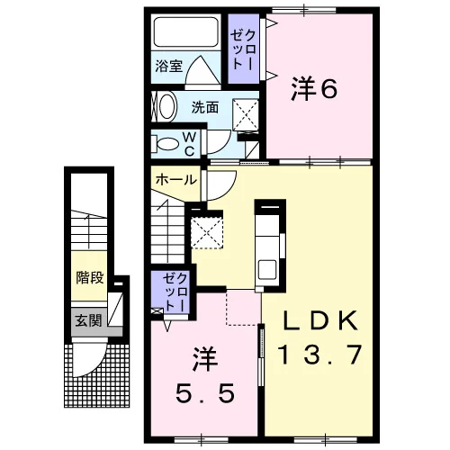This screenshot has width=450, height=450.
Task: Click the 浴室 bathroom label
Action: [169, 66]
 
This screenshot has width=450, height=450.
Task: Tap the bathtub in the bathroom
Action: [186, 31]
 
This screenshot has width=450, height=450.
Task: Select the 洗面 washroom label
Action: [205, 108]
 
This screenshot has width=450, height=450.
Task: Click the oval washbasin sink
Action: [166, 107]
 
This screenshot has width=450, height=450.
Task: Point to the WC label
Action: [189, 144]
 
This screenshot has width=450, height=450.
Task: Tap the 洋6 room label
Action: [314, 89]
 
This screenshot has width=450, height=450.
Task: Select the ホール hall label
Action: [176, 180]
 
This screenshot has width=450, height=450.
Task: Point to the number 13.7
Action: [319, 355]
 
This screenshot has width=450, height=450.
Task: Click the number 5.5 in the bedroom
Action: [205, 394]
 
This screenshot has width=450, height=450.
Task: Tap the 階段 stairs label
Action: [90, 277]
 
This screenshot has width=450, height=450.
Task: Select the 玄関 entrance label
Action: [89, 320]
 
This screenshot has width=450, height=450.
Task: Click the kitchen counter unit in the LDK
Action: [269, 245]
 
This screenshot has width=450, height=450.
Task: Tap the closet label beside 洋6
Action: [243, 50]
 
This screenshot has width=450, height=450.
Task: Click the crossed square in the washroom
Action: [246, 115]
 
